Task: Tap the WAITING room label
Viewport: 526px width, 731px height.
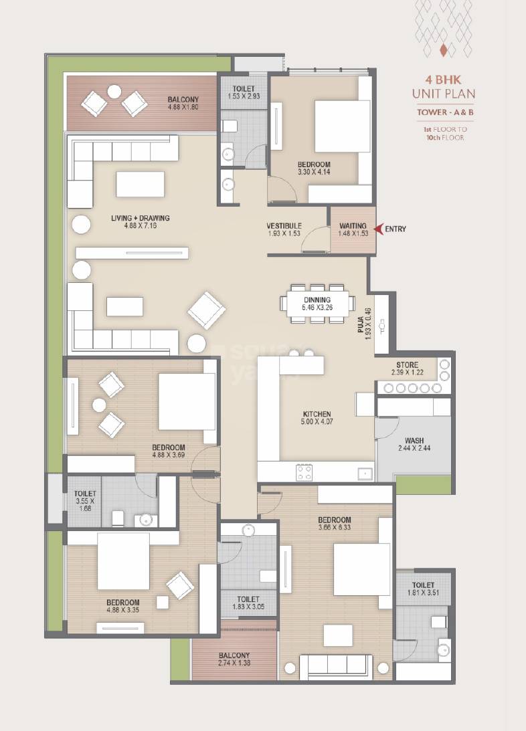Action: click(x=353, y=226)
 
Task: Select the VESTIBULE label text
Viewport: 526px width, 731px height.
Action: click(x=284, y=226)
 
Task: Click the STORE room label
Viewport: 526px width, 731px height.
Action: click(x=406, y=364)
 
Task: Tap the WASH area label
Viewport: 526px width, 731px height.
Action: click(x=414, y=441)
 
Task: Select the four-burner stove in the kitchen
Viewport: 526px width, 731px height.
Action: click(x=304, y=472)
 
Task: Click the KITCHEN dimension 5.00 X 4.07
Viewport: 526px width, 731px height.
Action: click(x=317, y=423)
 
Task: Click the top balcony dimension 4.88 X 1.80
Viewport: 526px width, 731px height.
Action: click(x=183, y=108)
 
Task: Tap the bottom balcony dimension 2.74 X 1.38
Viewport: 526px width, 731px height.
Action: click(x=234, y=663)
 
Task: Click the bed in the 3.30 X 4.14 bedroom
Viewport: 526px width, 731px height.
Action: click(x=341, y=126)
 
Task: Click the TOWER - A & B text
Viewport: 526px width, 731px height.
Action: click(x=446, y=113)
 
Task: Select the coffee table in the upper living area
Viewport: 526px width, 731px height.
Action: click(x=140, y=184)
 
